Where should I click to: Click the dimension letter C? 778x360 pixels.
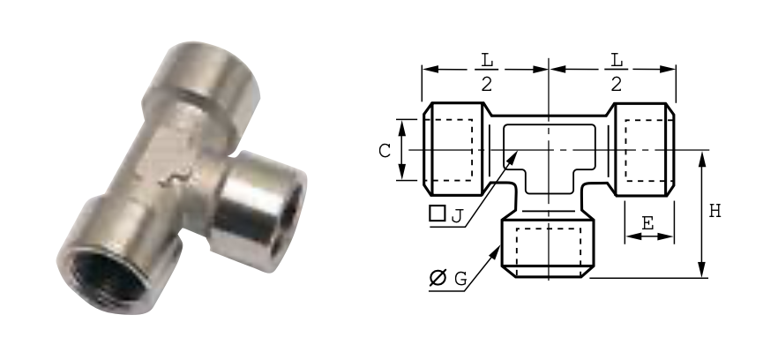[385, 151]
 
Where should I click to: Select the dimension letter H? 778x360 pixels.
[714, 211]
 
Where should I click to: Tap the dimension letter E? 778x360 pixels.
[647, 224]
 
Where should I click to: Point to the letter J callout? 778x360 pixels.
[457, 216]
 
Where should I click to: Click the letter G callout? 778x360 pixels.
[460, 279]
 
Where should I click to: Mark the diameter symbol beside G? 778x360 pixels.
[438, 278]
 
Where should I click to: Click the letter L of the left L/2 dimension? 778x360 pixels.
[487, 60]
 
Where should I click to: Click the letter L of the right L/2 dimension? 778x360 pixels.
[617, 60]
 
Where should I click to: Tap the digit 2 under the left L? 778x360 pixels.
[486, 85]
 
